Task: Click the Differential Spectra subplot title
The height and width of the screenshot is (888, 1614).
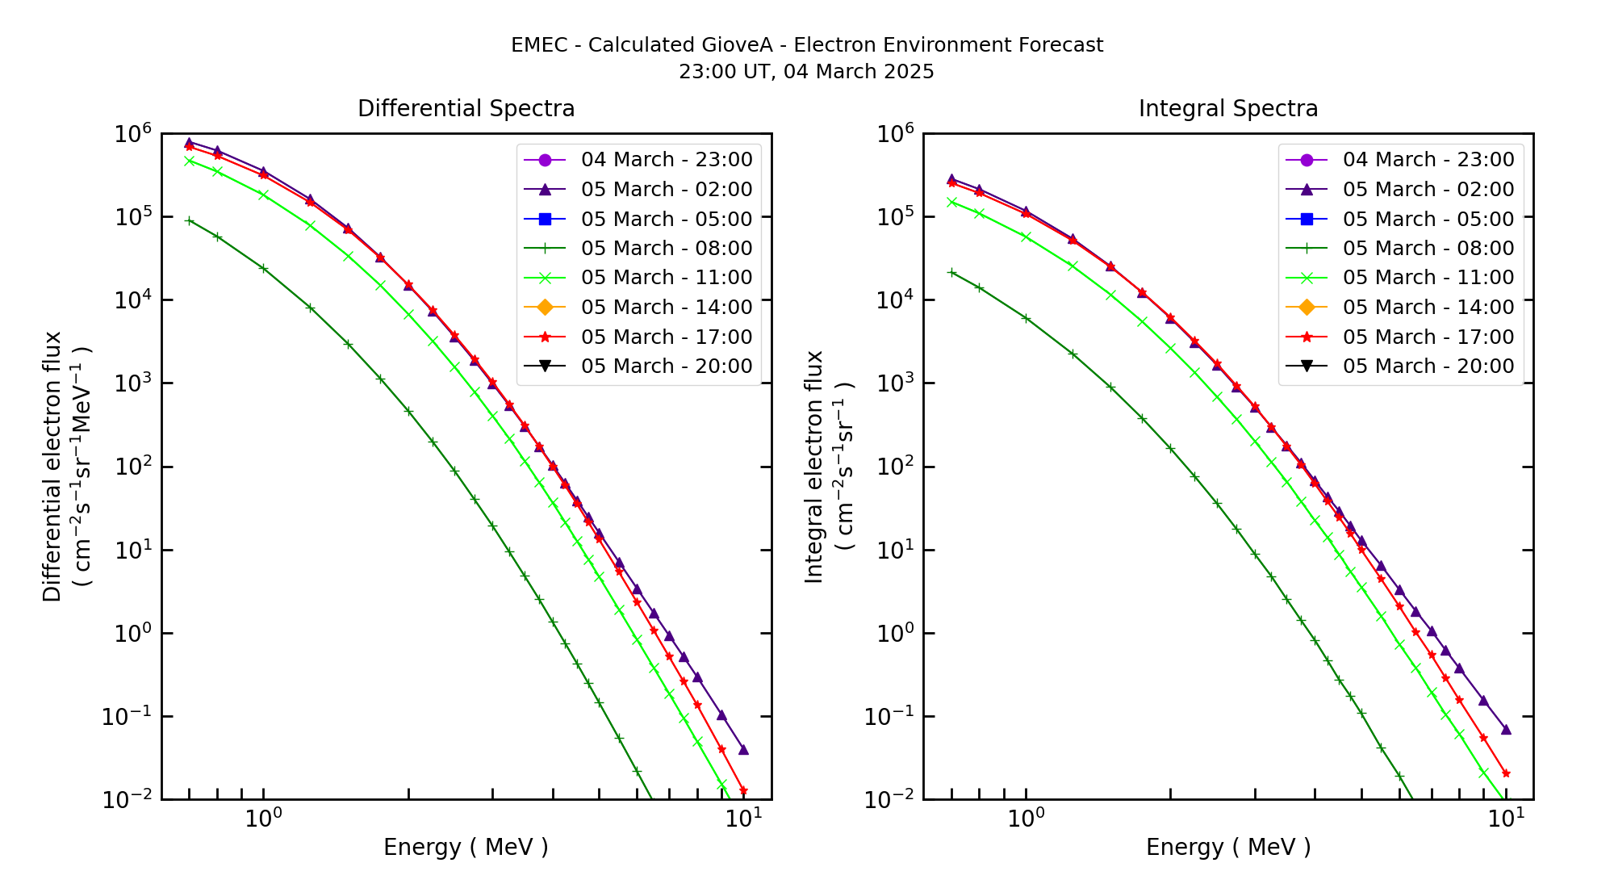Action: [466, 108]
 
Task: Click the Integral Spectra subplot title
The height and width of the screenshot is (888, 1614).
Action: [1227, 108]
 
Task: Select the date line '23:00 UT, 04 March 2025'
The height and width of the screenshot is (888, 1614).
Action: [806, 72]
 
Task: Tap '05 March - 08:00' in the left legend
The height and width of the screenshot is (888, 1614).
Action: [666, 249]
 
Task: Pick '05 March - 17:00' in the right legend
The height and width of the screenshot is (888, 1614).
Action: [1428, 337]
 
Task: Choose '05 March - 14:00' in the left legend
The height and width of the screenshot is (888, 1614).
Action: [666, 308]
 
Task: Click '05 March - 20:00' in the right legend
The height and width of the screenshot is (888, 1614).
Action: [1428, 367]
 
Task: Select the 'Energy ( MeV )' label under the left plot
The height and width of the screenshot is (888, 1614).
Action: [466, 847]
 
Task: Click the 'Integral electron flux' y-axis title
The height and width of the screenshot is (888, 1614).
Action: [813, 467]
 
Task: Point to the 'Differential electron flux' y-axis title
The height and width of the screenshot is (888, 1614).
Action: [52, 467]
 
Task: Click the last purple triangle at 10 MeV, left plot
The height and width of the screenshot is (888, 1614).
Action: [743, 750]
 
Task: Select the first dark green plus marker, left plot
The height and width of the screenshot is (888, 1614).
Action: [189, 220]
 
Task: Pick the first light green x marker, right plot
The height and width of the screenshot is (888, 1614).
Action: [951, 202]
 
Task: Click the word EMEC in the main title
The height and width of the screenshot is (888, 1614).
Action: [539, 45]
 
